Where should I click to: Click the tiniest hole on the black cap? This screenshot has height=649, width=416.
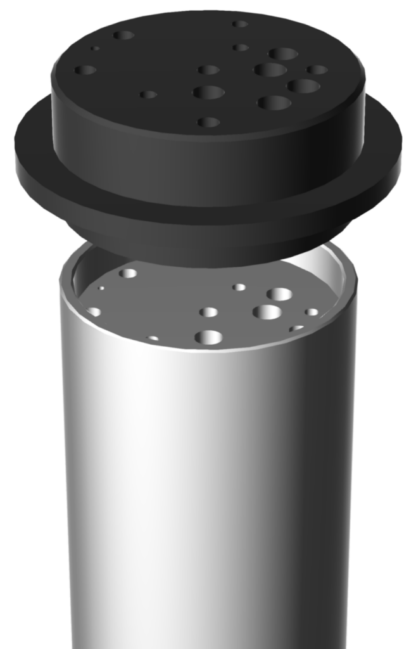[x=94, y=48]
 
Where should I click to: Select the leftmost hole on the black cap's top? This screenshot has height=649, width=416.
[x=86, y=70]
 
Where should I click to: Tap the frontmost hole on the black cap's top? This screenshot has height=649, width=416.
[x=208, y=122]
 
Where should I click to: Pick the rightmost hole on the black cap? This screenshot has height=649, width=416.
[x=317, y=70]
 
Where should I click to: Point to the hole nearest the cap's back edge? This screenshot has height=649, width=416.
[x=239, y=24]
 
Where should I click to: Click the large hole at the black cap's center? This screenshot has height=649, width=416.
[x=208, y=93]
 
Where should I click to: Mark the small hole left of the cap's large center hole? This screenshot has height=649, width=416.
[x=148, y=95]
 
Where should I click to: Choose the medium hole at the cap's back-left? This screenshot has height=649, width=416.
[x=124, y=35]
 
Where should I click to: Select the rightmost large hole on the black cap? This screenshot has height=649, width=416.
[x=303, y=86]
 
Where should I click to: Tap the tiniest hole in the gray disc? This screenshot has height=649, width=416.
[x=101, y=288]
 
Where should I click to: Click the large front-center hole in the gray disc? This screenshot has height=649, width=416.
[x=209, y=337]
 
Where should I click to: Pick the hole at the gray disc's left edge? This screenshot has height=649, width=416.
[x=94, y=312]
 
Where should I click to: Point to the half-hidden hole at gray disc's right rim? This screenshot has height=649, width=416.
[x=296, y=328]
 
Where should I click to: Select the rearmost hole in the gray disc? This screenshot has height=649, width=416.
[x=129, y=274]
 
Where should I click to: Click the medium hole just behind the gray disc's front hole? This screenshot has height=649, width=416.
[x=208, y=312]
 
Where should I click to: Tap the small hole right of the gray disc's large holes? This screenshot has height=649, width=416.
[x=312, y=312]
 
